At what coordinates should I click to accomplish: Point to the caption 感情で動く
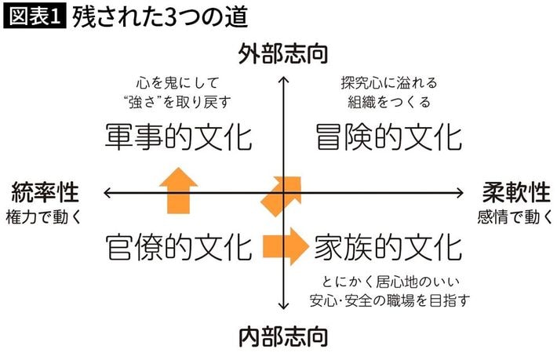(514, 216)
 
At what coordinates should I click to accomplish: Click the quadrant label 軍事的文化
(179, 136)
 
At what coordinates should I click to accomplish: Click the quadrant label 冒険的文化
(388, 136)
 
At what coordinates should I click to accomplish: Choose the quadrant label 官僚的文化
(179, 247)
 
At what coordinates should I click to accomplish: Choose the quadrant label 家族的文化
(388, 247)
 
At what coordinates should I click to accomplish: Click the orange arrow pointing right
(285, 246)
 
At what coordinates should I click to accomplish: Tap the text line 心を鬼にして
(179, 82)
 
